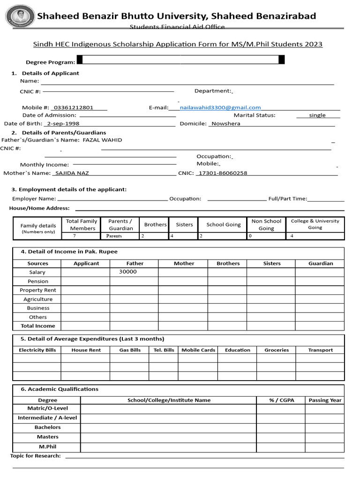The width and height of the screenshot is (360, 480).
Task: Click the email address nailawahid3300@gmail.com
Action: (220, 108)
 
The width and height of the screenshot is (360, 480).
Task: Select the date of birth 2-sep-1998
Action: (63, 124)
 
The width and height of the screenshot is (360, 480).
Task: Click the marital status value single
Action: (317, 115)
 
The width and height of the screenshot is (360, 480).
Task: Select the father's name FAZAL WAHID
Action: (102, 140)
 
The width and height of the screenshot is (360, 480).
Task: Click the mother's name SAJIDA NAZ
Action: (72, 173)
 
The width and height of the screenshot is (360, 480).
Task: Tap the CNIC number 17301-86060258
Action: (223, 173)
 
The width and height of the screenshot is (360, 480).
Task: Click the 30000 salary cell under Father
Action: (128, 272)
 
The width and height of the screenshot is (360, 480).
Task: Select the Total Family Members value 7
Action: (74, 236)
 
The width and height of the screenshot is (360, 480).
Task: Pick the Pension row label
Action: (38, 281)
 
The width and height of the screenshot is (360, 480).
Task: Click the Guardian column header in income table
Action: (321, 263)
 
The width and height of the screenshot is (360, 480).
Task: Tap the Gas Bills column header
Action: (130, 350)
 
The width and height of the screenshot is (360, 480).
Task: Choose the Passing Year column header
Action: (325, 400)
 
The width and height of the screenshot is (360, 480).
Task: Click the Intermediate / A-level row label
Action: (47, 418)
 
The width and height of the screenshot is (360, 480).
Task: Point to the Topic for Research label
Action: (36, 456)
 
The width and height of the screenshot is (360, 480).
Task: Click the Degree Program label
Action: (50, 62)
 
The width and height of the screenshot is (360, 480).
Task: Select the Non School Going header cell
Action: (266, 225)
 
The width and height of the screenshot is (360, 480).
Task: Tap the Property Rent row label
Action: (38, 290)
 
